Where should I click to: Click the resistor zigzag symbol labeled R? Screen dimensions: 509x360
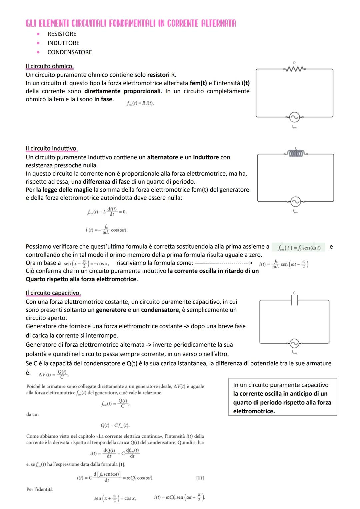click(x=294, y=69)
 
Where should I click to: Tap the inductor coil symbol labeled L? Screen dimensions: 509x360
click(x=296, y=153)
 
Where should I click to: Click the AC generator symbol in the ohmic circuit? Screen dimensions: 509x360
click(x=294, y=117)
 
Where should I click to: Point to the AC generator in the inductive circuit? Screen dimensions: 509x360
click(x=295, y=202)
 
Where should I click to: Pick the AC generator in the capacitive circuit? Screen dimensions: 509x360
click(x=294, y=344)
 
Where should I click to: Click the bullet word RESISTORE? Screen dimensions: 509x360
click(x=62, y=34)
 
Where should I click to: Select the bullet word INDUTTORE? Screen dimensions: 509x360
click(x=63, y=43)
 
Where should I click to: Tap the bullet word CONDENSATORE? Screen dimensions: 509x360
click(x=69, y=52)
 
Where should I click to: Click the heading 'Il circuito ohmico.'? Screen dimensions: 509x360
click(x=50, y=66)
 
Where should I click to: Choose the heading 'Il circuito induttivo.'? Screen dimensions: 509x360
click(x=52, y=148)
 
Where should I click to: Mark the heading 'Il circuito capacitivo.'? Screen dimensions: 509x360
click(x=53, y=293)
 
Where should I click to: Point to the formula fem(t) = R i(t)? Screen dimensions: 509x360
click(x=140, y=103)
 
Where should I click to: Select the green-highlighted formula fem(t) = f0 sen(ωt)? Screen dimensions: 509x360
click(x=299, y=248)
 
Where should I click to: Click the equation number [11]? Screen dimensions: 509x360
click(x=200, y=478)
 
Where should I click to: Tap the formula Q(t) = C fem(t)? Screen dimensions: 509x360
click(x=115, y=426)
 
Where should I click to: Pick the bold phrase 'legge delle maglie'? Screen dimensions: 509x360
click(x=64, y=190)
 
